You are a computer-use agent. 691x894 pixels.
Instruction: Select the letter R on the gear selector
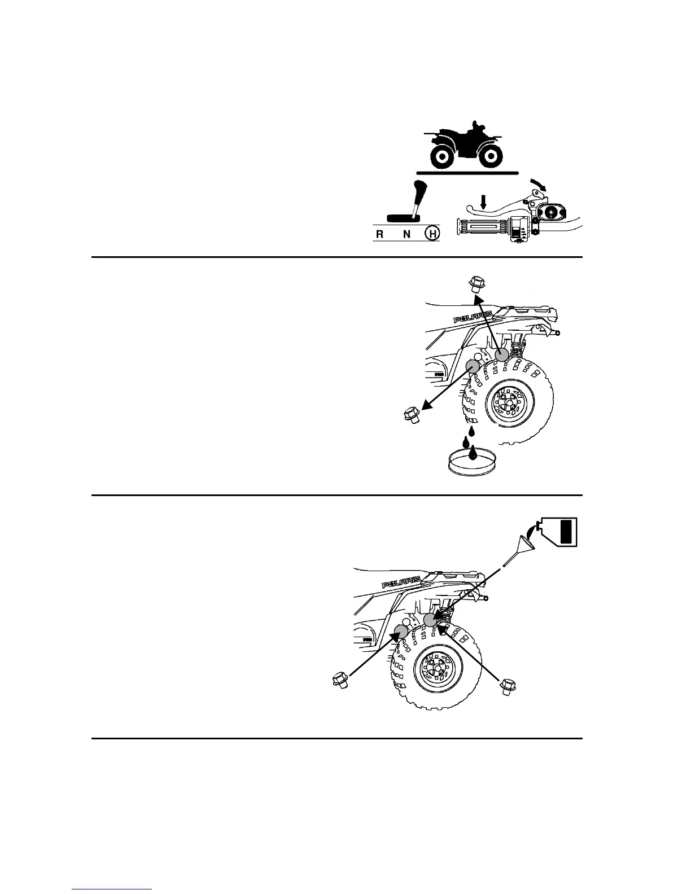[381, 234]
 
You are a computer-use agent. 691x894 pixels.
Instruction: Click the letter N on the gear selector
[407, 234]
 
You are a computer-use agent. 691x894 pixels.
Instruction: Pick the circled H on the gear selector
[432, 234]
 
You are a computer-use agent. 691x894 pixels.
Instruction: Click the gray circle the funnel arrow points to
[431, 620]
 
